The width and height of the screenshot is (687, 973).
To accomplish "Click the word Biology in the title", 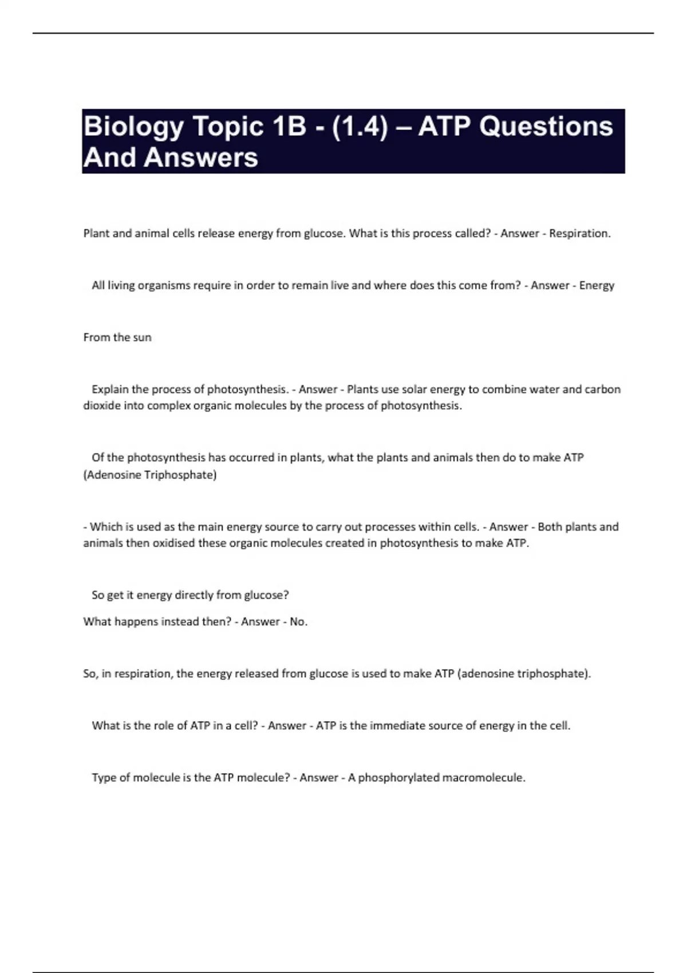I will [133, 127].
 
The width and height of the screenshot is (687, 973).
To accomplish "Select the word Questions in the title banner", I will [546, 126].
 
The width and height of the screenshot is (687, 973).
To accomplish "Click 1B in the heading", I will [290, 126].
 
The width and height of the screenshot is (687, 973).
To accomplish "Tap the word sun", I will [142, 338].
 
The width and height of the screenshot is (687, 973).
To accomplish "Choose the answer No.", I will [298, 622].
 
